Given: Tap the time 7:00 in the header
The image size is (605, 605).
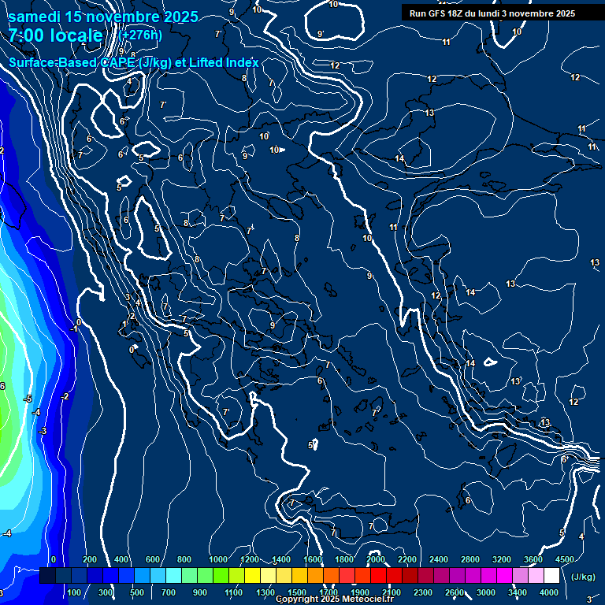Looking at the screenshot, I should [28, 36].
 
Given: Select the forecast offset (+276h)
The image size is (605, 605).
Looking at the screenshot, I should [141, 35].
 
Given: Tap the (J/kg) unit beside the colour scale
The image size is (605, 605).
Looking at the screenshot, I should [582, 577].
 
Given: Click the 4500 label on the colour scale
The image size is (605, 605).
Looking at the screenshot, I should [564, 559].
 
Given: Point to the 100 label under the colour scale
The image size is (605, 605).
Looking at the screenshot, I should [75, 592].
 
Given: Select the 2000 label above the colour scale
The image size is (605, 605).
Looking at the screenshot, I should [376, 559].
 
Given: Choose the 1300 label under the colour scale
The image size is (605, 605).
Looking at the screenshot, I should [265, 592].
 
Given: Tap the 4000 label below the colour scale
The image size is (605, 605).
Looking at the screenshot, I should [549, 592].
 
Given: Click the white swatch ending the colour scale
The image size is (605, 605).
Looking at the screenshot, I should [551, 576].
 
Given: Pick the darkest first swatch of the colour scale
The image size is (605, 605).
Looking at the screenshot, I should [47, 576].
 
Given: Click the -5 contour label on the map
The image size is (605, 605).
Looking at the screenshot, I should [28, 399].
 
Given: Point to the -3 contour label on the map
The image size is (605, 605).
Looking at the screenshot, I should [43, 431].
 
